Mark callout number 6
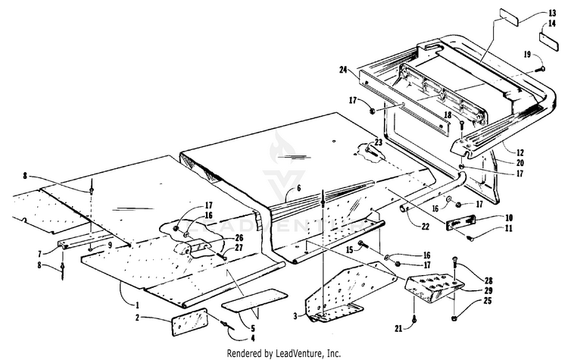point(298,188)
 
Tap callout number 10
point(510,218)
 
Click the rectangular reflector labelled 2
point(189,324)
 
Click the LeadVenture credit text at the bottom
point(284,352)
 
